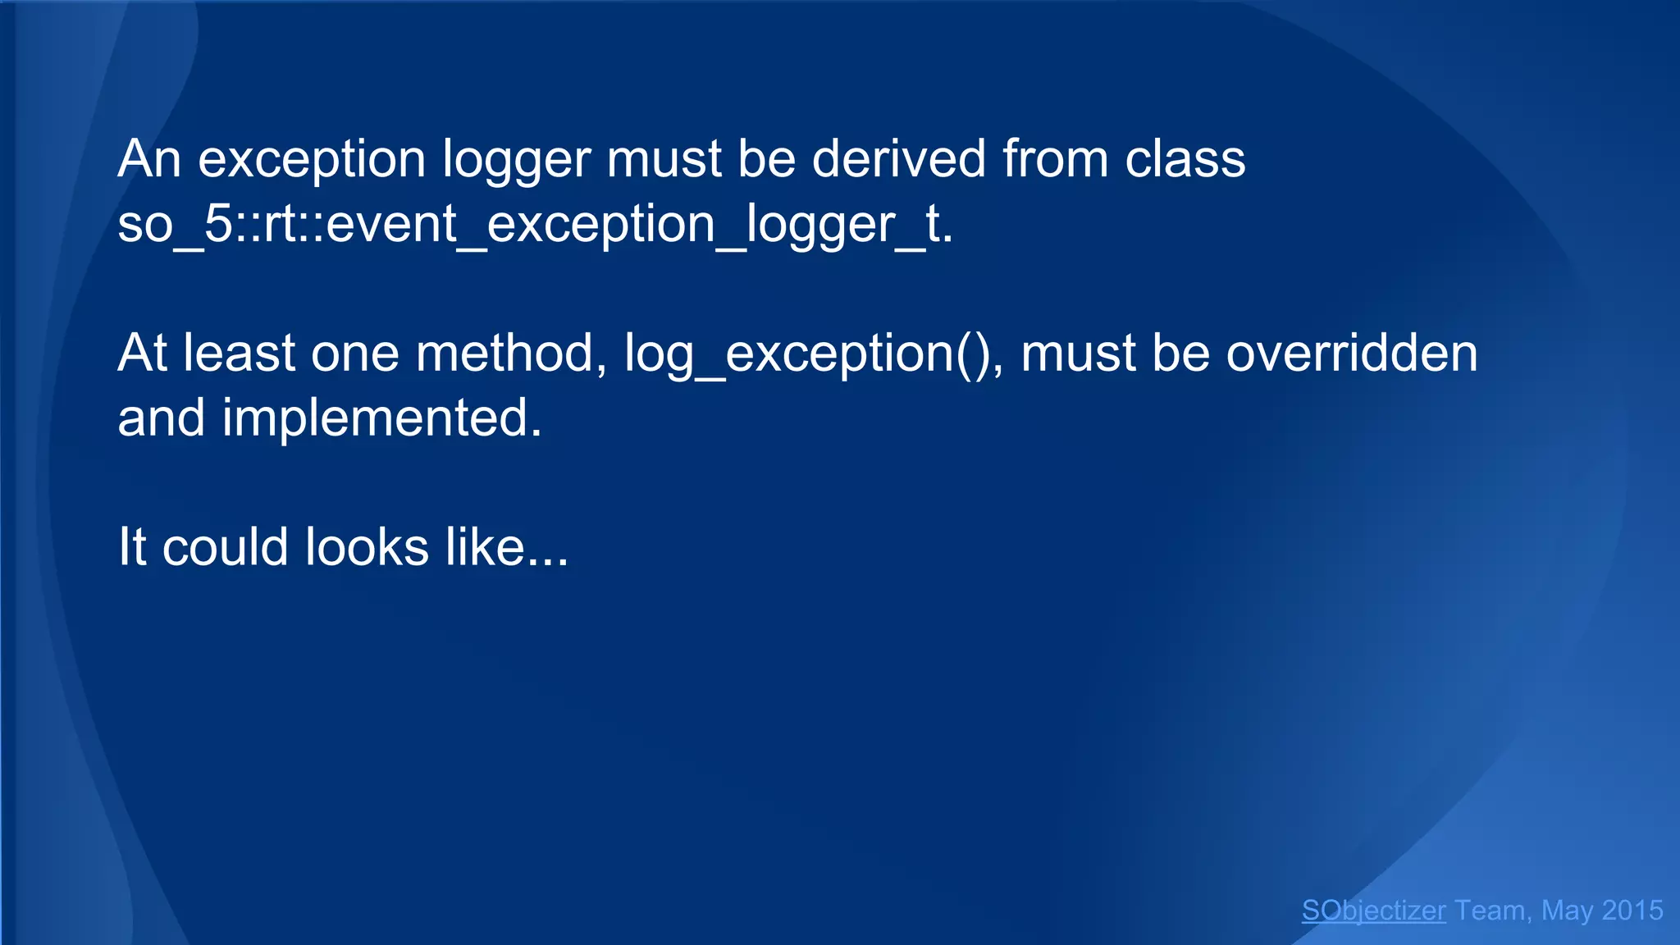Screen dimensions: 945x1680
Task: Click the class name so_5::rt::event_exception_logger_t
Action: tap(535, 224)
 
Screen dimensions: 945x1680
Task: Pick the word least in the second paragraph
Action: tap(239, 354)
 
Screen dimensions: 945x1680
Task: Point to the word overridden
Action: tap(1351, 354)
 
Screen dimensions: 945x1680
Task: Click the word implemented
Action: tap(382, 418)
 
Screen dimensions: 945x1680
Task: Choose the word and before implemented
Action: tap(161, 418)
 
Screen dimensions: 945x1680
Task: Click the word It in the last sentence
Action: tap(132, 547)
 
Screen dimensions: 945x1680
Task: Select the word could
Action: tap(226, 547)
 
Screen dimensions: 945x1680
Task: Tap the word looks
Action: tap(367, 547)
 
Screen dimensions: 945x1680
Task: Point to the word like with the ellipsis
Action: tap(506, 547)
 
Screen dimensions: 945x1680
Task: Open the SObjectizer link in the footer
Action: tap(1373, 911)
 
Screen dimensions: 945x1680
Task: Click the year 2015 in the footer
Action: tap(1632, 911)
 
